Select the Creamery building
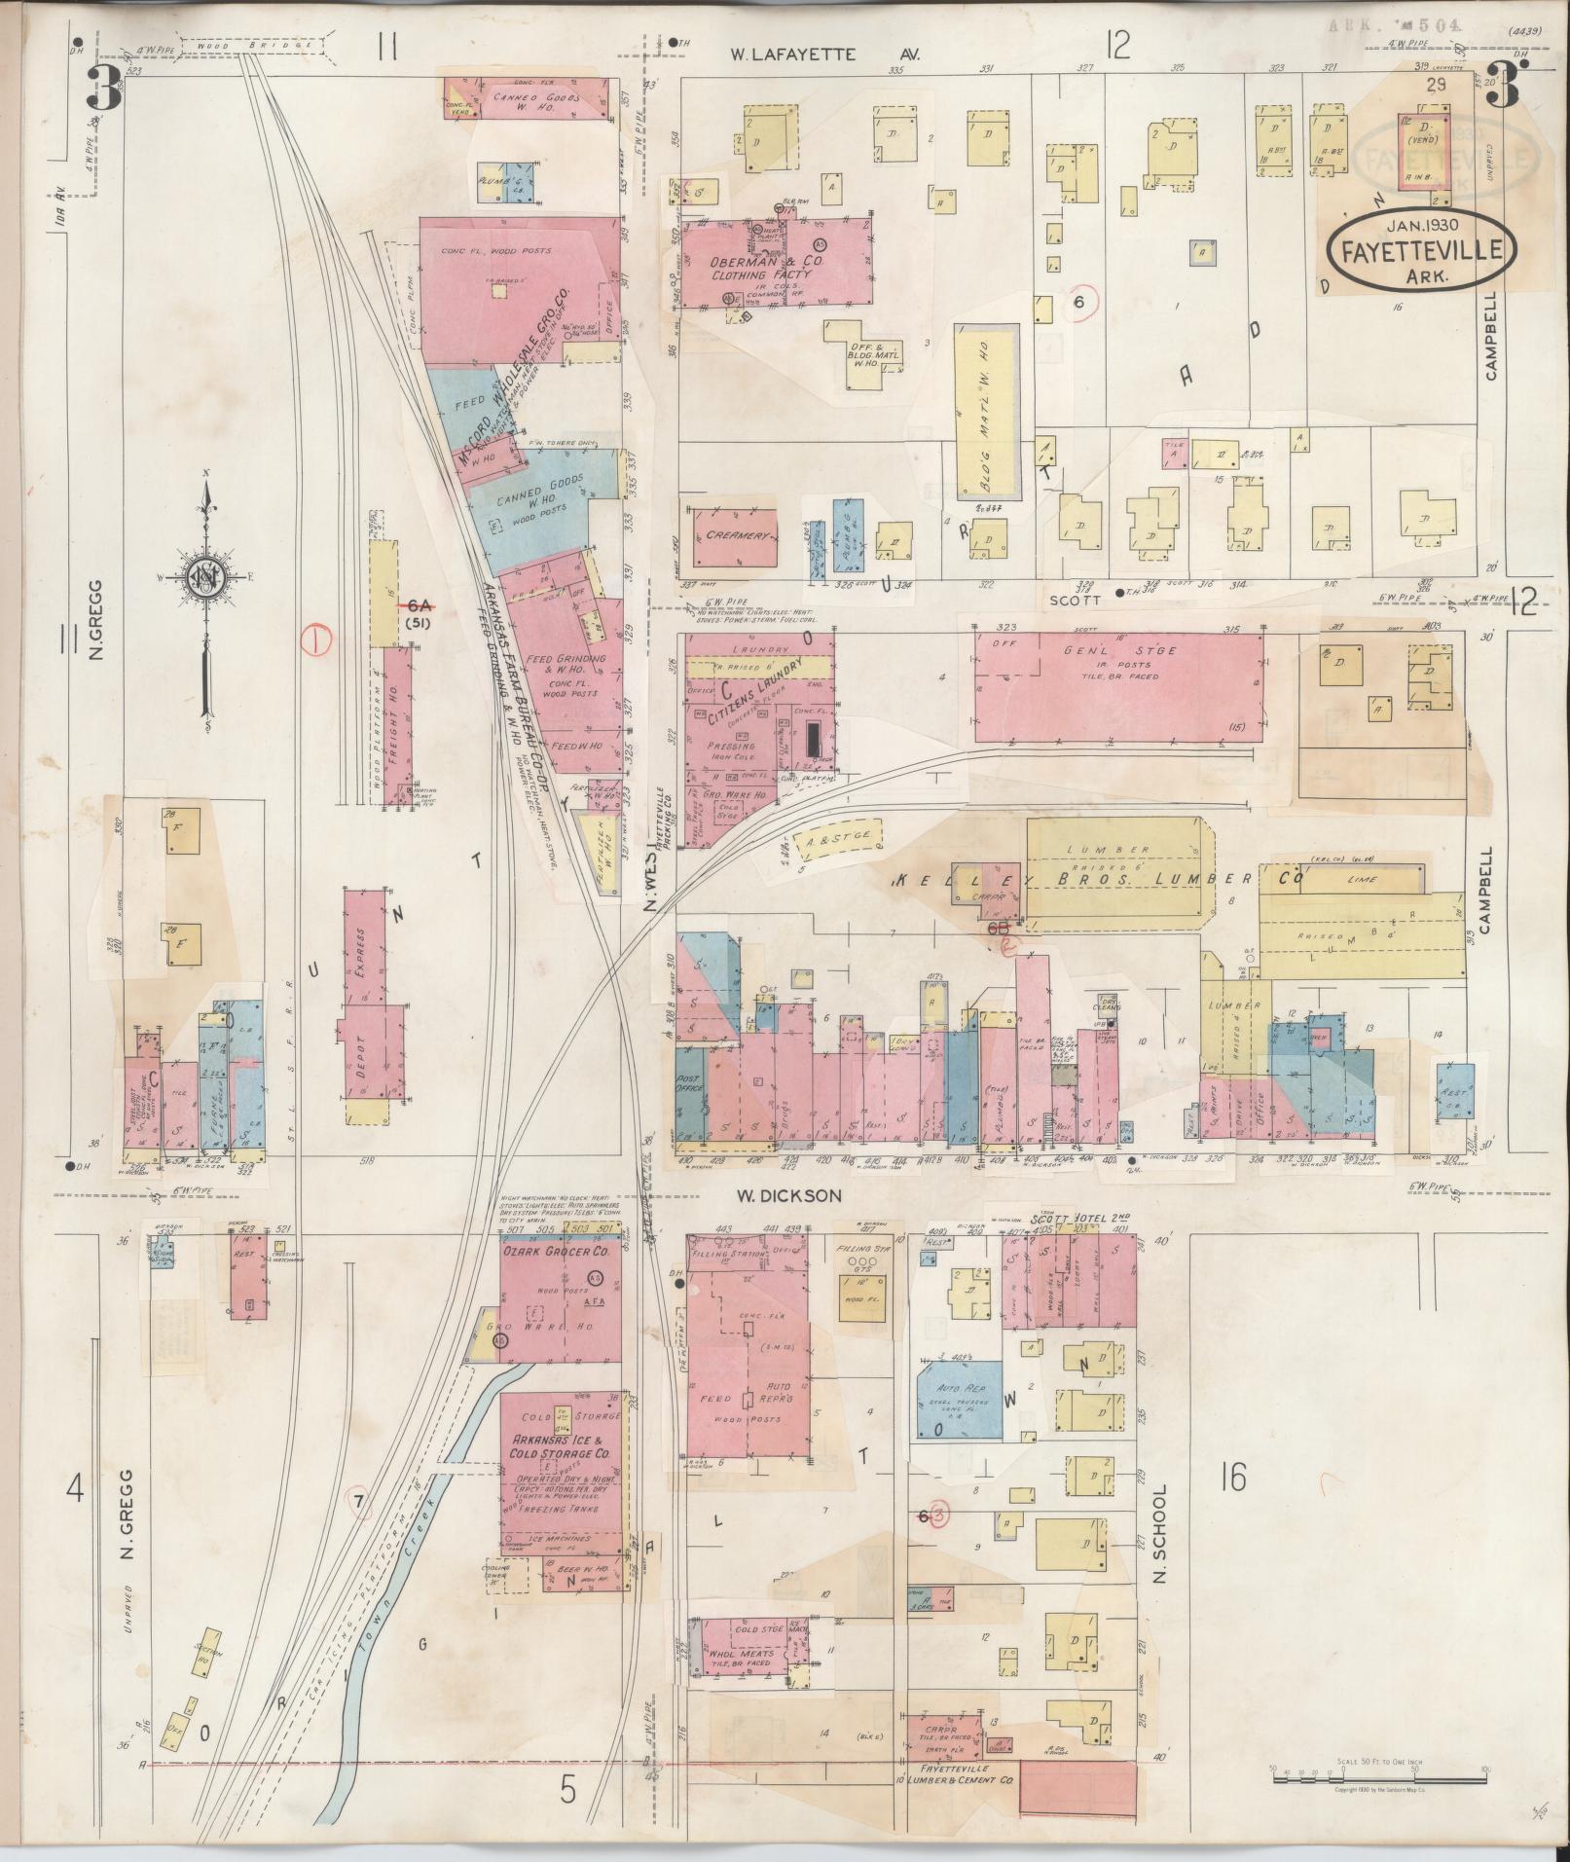[x=735, y=536]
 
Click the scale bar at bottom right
[x=1378, y=1778]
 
